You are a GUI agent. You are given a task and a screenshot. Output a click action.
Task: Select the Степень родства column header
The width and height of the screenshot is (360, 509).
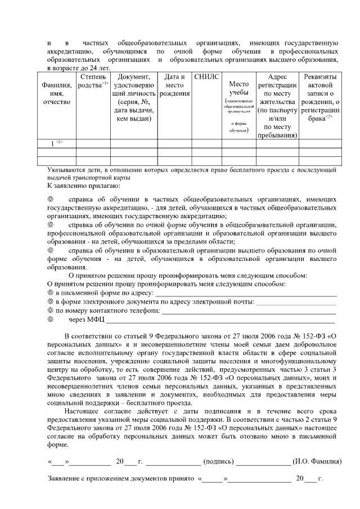(x=93, y=80)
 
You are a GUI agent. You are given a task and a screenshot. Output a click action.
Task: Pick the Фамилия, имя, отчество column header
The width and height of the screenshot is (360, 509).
(x=56, y=93)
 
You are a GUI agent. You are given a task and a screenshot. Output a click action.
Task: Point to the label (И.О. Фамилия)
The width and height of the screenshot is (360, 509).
(x=317, y=461)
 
